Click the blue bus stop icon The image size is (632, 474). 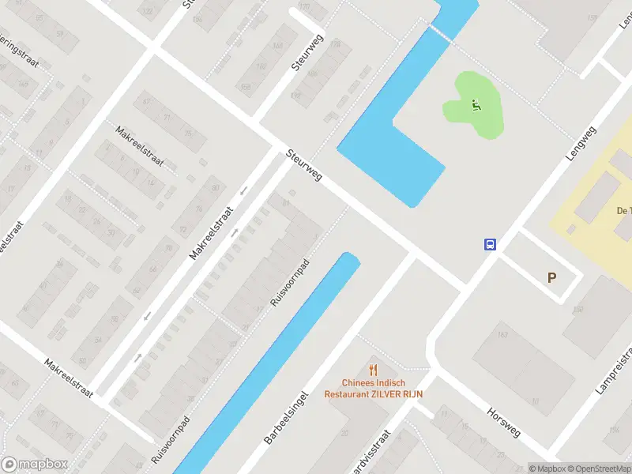491,244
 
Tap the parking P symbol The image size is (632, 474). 552,277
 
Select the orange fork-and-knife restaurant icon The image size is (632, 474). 374,369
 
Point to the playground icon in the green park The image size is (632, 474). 475,105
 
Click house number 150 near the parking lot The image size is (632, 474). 577,310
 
